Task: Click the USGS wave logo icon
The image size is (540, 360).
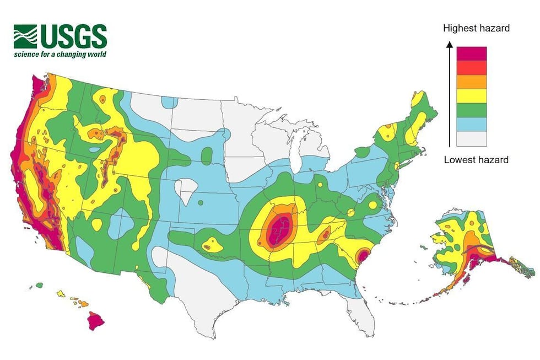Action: tap(26, 36)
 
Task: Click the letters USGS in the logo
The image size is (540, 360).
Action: tap(72, 36)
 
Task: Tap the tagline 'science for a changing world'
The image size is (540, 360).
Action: tap(60, 55)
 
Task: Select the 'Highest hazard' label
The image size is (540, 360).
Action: tap(477, 28)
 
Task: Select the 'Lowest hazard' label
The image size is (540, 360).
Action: tap(476, 160)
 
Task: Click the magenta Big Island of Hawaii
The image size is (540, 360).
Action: tap(96, 320)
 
